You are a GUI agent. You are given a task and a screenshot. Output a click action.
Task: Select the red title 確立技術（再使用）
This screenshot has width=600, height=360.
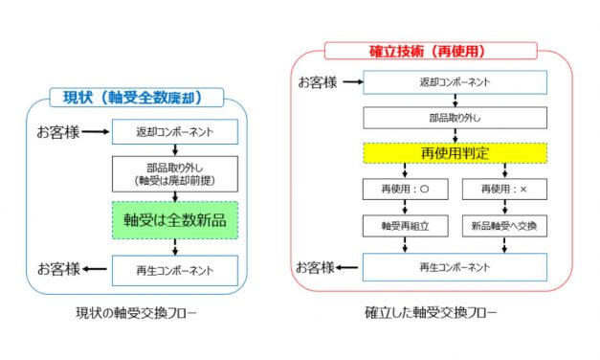[x=430, y=50]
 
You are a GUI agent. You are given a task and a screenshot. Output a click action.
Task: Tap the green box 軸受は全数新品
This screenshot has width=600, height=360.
[x=174, y=218]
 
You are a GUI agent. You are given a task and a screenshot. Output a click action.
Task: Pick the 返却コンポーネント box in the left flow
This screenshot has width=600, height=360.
[x=174, y=131]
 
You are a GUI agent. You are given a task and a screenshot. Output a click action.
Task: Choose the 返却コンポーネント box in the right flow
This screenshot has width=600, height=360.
[x=454, y=83]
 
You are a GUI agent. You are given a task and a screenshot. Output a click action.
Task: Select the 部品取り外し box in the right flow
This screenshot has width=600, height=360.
[x=454, y=120]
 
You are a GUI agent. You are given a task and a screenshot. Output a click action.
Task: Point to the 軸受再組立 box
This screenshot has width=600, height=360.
[x=397, y=227]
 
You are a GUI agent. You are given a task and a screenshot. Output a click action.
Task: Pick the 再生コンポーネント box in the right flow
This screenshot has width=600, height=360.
[x=454, y=265]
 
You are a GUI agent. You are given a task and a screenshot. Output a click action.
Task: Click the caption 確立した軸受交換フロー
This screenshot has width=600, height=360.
[x=431, y=313]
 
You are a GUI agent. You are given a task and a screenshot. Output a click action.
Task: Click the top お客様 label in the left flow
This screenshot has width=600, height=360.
[x=56, y=130]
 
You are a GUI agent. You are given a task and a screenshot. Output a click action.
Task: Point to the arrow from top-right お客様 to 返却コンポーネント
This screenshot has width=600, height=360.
[x=351, y=83]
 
